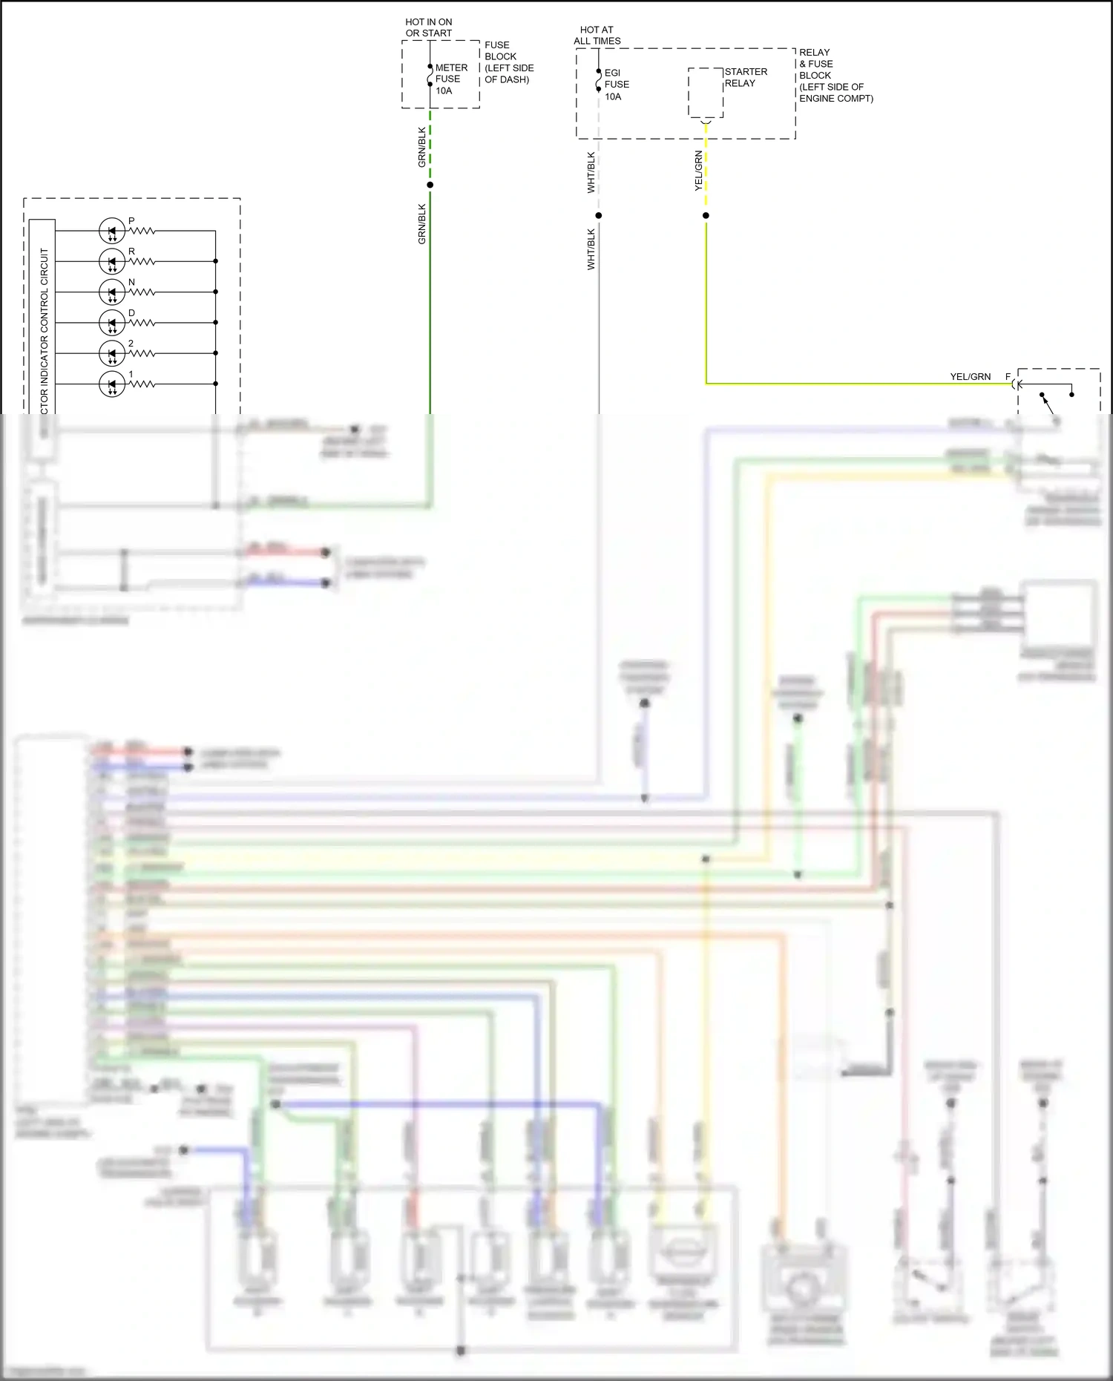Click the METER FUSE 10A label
450,79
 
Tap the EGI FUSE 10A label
616,85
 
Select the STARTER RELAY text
745,77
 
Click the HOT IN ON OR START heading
428,27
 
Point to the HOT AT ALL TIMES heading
597,36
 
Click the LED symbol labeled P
112,231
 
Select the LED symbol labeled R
112,261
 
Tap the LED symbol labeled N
112,292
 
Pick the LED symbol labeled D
112,323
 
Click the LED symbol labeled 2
112,353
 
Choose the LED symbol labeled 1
112,384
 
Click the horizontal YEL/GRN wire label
970,377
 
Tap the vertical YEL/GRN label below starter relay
698,171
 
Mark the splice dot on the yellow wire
706,216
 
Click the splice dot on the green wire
430,185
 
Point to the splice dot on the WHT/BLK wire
599,216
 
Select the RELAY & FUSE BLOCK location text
835,75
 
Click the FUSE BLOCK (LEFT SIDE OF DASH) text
508,62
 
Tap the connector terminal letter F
1008,377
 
